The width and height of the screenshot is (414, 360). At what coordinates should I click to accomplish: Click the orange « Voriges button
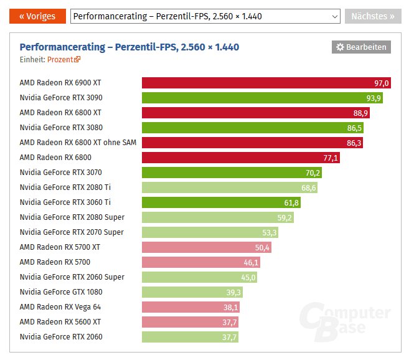click(37, 16)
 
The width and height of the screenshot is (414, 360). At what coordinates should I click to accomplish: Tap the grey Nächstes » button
click(373, 16)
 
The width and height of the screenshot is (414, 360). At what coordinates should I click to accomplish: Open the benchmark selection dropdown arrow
click(333, 16)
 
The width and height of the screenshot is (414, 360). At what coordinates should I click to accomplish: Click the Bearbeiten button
click(361, 47)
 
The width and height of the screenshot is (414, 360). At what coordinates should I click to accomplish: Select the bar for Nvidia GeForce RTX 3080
click(253, 128)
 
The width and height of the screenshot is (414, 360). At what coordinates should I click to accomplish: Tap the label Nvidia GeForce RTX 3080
click(60, 128)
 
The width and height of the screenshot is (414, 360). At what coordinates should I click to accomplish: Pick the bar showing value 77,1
click(241, 158)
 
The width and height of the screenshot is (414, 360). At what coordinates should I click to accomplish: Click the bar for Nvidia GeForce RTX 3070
click(232, 173)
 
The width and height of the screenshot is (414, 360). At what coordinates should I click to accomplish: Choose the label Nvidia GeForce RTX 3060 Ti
click(65, 202)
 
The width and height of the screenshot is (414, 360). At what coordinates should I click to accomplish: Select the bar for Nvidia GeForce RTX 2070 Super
click(210, 232)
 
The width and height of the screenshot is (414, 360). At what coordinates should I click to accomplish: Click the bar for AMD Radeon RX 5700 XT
click(206, 247)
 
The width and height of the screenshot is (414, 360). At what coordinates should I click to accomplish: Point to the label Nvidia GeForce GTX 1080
click(61, 292)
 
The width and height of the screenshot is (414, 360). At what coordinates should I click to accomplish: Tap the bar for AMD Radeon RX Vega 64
click(191, 307)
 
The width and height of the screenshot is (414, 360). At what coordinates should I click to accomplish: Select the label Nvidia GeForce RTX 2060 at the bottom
click(61, 337)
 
